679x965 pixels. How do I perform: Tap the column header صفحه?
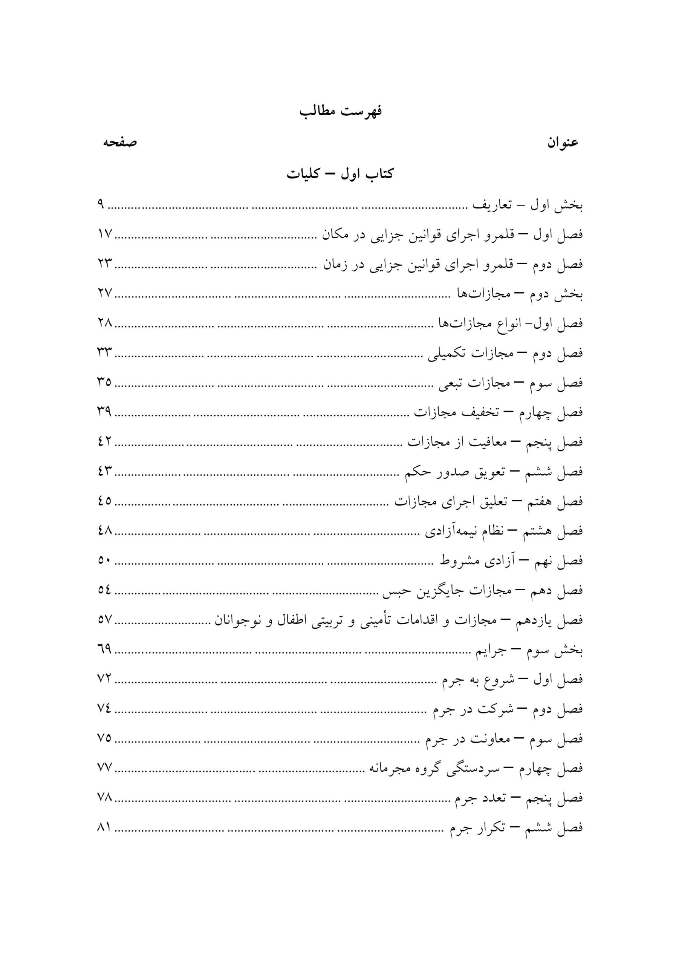tap(120, 142)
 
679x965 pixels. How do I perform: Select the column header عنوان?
tap(563, 143)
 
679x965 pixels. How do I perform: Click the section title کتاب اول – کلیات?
tap(340, 174)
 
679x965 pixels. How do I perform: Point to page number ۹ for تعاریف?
tap(101, 205)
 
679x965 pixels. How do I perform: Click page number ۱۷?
tap(105, 234)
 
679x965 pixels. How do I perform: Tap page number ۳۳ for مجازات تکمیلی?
tap(105, 352)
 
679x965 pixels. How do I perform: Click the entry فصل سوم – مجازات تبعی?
tap(511, 383)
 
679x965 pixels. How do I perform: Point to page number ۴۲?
tap(105, 442)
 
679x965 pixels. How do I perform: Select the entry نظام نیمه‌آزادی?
tap(503, 531)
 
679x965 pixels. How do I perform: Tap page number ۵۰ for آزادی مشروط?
tap(104, 560)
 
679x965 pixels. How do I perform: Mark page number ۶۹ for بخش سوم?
tap(105, 649)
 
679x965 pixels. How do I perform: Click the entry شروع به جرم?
tap(512, 680)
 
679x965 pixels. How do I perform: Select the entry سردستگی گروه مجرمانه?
tap(476, 769)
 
